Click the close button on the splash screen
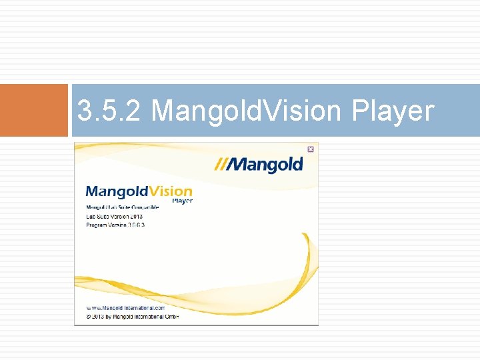click(x=310, y=149)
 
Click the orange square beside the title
click(x=34, y=110)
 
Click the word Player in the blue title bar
click(x=392, y=111)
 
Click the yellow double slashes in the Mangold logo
click(x=221, y=164)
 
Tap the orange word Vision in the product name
click(x=168, y=191)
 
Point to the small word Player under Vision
click(x=182, y=201)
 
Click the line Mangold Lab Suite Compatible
click(x=122, y=208)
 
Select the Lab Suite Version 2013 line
click(x=114, y=216)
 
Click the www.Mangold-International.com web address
click(x=125, y=308)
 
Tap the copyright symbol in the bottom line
click(x=89, y=317)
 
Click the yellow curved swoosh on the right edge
click(x=311, y=267)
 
